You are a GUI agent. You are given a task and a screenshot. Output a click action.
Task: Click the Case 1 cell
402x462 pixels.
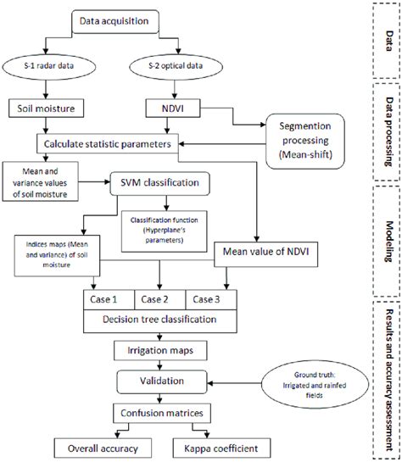tap(107, 298)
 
